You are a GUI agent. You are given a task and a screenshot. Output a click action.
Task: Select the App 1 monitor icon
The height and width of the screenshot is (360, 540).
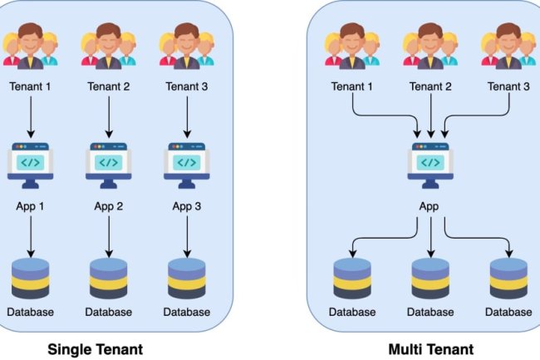[x=31, y=160]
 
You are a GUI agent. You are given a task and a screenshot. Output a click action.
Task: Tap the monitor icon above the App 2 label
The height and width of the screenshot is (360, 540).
[x=109, y=160]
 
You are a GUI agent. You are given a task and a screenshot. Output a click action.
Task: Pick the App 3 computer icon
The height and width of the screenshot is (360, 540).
[x=187, y=160]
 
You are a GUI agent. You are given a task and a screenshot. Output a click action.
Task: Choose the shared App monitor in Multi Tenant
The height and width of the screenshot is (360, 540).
[x=430, y=160]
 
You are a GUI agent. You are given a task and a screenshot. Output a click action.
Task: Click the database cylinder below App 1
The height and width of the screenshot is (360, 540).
[x=31, y=279]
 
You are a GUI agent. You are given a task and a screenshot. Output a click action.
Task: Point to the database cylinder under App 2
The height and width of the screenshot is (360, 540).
[x=109, y=279]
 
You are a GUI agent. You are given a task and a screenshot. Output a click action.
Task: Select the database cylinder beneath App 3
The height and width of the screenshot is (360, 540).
[x=187, y=279]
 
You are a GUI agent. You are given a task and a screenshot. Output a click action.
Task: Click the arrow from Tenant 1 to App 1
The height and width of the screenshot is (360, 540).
[x=31, y=117]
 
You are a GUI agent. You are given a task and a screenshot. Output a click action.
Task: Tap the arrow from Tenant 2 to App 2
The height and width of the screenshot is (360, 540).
[x=109, y=117]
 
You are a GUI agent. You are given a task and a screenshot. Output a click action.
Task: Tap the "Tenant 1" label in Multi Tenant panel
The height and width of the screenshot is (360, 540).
[x=352, y=86]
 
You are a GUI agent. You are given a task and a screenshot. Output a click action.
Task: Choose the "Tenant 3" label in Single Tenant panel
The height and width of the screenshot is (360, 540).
[x=187, y=86]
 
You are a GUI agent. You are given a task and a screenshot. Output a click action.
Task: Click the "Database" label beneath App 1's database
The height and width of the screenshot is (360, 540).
[x=31, y=313]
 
